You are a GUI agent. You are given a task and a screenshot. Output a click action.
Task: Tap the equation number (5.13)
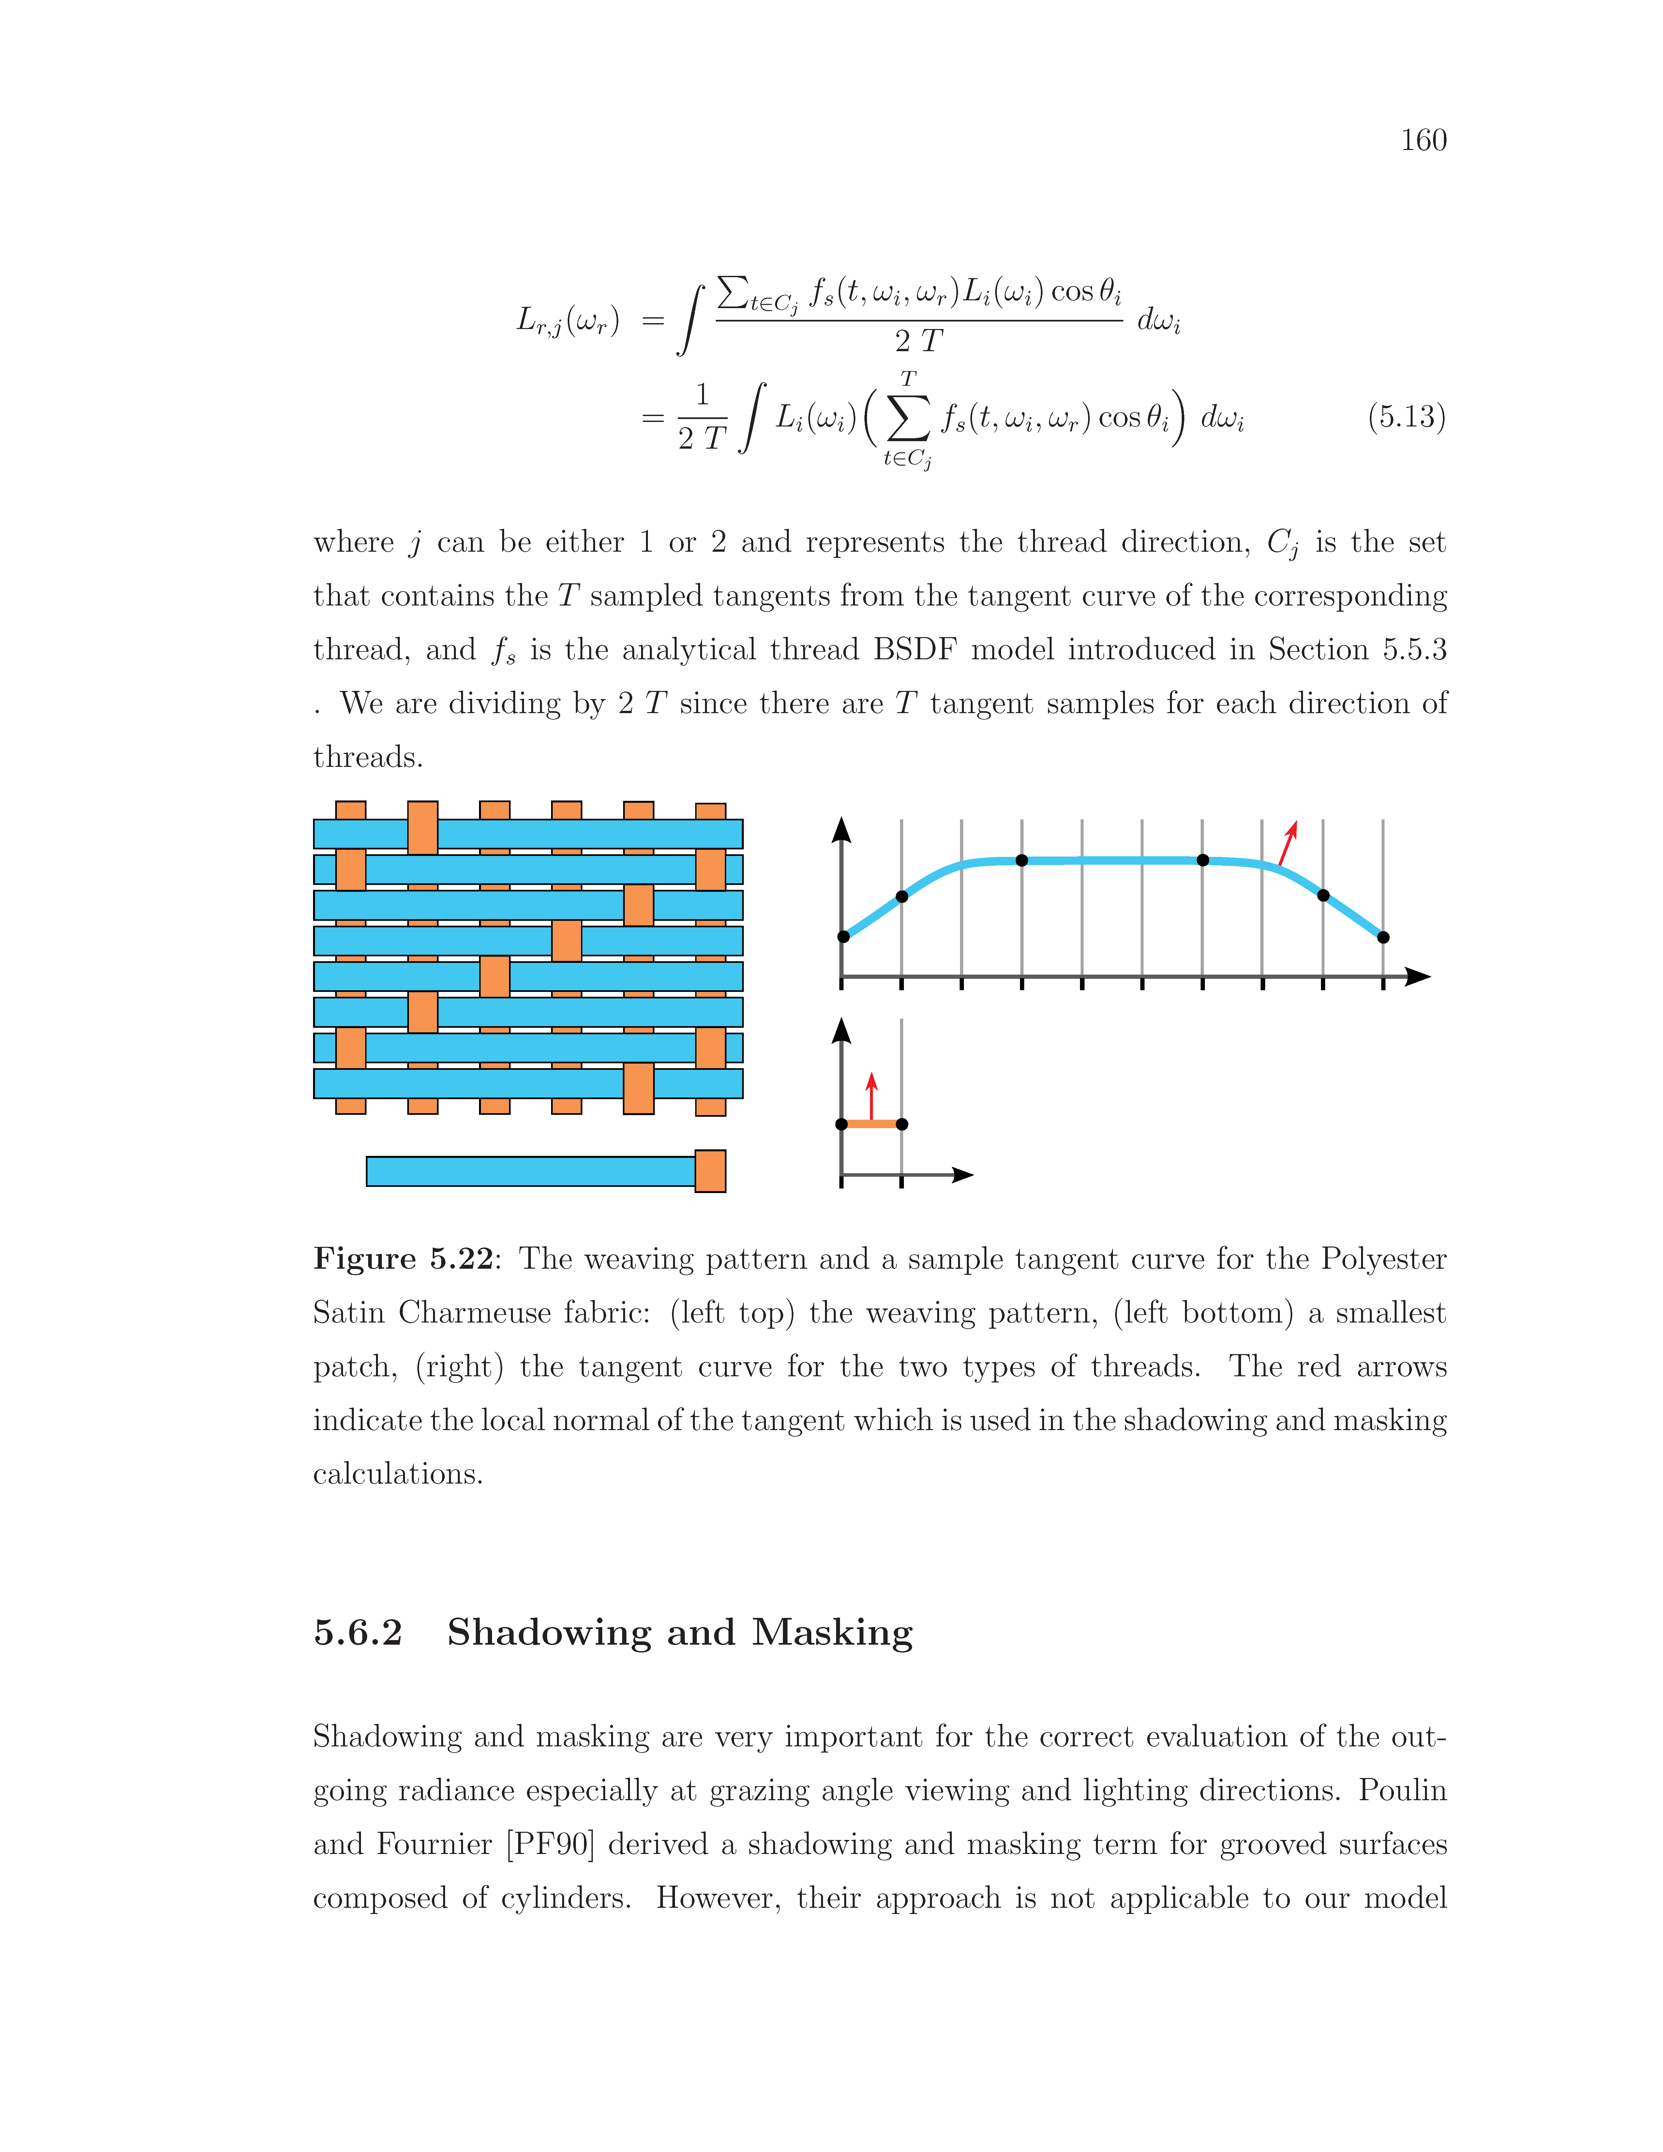point(1406,417)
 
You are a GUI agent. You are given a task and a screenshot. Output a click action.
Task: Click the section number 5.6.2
point(358,1633)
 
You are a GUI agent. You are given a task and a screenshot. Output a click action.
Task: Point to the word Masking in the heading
point(832,1633)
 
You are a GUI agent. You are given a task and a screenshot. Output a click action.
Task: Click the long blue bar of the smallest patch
point(530,1172)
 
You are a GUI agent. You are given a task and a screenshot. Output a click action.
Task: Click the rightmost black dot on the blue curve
point(1383,937)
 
